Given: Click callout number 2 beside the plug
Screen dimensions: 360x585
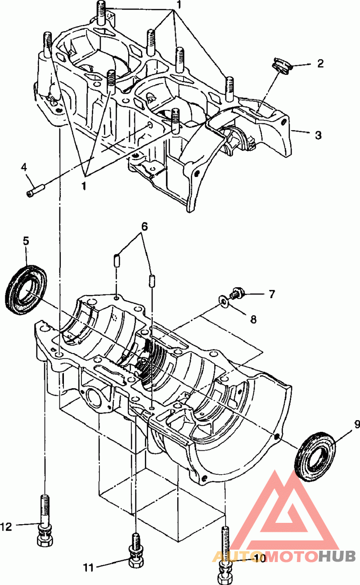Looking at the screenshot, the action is (320, 63).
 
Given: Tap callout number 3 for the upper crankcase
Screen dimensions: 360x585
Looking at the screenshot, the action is (318, 135).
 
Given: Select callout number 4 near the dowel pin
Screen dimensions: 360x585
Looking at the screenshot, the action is (24, 167).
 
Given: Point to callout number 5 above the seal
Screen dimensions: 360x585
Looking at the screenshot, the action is (26, 241).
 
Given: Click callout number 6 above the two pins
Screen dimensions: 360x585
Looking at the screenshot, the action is (144, 227).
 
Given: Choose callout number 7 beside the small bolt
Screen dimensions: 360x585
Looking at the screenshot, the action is (271, 294).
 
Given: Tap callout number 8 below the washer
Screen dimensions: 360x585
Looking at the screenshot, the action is (253, 319).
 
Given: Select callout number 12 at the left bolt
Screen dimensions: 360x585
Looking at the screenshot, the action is (6, 527).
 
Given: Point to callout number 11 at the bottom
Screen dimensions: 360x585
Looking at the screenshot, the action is (89, 567).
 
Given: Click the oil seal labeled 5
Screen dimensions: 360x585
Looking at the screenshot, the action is (26, 290).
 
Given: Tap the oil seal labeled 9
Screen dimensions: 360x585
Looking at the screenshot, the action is (315, 457).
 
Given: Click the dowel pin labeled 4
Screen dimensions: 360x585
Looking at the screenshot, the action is (36, 191).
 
